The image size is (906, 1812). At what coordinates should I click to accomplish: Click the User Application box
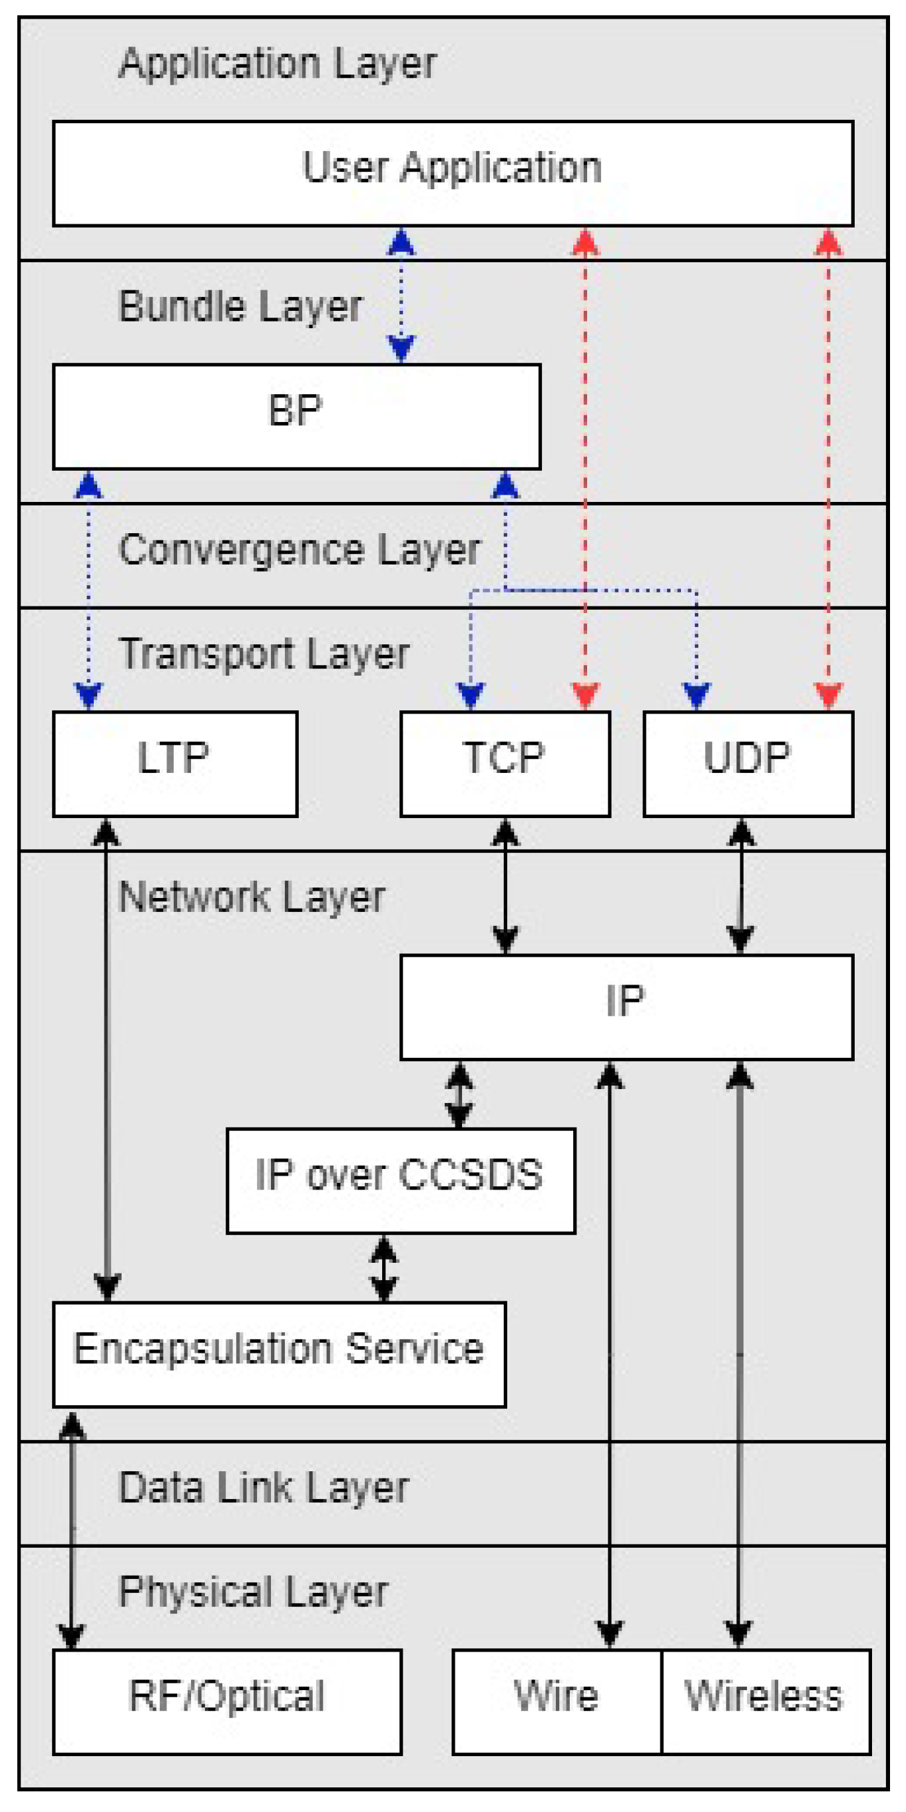[x=452, y=173]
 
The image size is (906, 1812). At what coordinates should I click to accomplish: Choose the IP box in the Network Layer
[x=626, y=1007]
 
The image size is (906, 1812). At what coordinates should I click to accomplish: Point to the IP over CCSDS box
[x=400, y=1180]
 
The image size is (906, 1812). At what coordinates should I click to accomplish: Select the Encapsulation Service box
[x=280, y=1354]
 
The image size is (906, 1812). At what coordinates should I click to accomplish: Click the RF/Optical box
[x=227, y=1701]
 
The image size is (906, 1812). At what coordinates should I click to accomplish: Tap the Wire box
[x=557, y=1701]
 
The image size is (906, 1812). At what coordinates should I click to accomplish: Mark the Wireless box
[x=766, y=1701]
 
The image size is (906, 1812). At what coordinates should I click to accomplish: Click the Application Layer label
[x=277, y=63]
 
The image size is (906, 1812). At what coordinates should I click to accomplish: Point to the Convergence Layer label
[x=299, y=550]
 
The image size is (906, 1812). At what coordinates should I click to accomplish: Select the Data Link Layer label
[x=264, y=1488]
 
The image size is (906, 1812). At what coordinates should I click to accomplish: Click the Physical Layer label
[x=253, y=1592]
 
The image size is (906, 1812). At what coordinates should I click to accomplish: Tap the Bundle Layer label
[x=240, y=307]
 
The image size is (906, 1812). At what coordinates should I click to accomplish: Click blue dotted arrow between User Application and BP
[x=401, y=296]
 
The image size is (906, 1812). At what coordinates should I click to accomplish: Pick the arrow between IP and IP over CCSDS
[x=459, y=1094]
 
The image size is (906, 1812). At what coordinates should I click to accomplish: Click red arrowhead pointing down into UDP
[x=828, y=695]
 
